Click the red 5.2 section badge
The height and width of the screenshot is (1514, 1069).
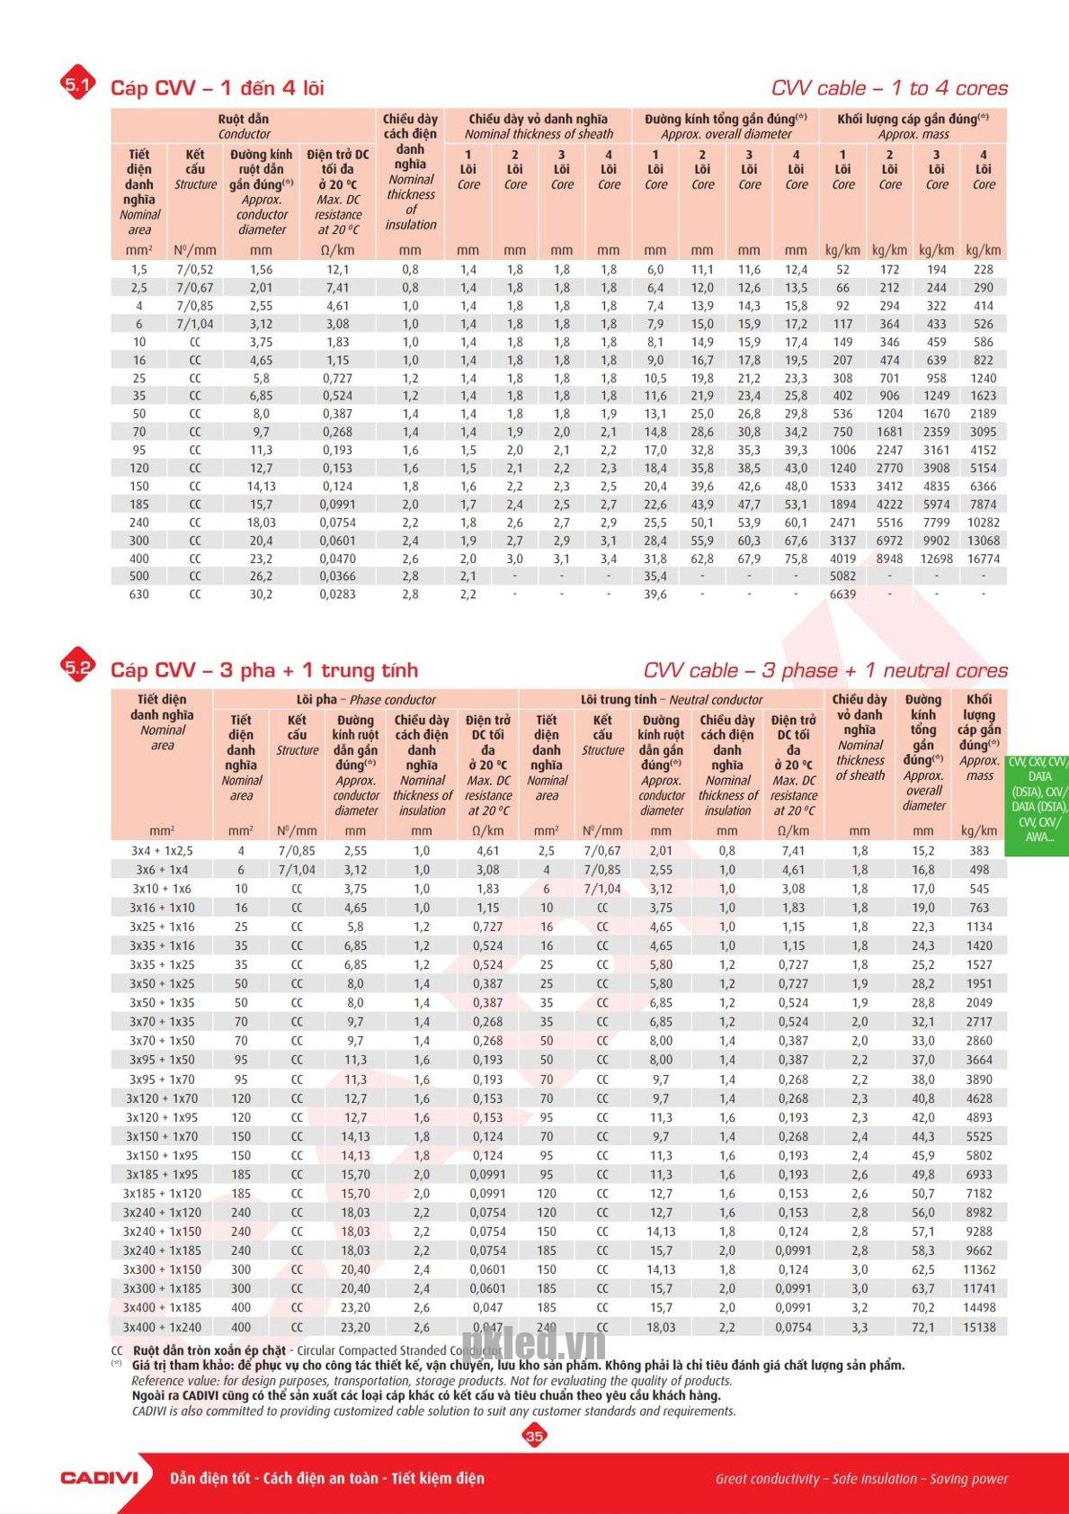pos(77,667)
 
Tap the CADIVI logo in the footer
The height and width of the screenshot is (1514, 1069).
pos(99,1477)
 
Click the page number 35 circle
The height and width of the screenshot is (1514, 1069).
pos(534,1436)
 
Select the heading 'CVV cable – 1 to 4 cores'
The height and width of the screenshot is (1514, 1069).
pos(889,88)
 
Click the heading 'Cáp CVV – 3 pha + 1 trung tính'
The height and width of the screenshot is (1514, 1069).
pos(263,670)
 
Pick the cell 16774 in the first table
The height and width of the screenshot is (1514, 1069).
pos(983,559)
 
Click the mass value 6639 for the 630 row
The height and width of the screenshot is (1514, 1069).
pos(842,595)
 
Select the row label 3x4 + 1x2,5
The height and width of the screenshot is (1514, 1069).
pos(162,850)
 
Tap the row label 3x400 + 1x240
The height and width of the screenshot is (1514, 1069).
pos(162,1327)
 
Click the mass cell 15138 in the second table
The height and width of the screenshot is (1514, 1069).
pos(979,1327)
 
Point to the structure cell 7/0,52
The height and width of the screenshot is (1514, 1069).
pos(195,270)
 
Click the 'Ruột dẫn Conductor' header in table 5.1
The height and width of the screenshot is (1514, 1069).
pos(244,126)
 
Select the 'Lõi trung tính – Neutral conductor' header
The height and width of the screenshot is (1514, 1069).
pos(671,699)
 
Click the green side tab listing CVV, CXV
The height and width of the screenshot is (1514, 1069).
pos(1038,799)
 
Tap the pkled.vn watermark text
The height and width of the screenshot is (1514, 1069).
pos(534,1344)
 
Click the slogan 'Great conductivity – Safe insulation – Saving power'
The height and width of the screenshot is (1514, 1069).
pos(861,1478)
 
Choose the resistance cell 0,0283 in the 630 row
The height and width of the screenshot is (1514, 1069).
pos(337,595)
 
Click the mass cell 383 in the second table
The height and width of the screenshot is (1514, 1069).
pos(979,850)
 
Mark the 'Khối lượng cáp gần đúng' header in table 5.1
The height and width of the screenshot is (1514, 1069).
pos(913,126)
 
